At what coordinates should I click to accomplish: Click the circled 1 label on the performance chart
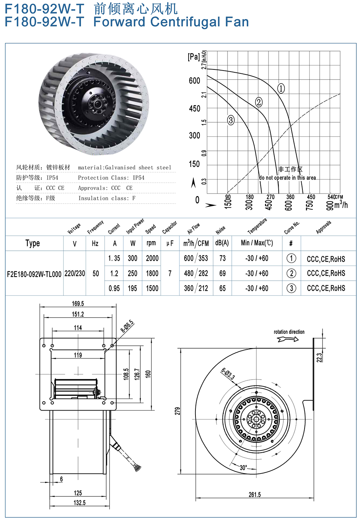pos(281,88)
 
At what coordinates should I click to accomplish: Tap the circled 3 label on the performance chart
pos(231,120)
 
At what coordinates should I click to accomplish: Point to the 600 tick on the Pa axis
pos(194,81)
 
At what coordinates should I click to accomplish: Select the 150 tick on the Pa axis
pos(194,164)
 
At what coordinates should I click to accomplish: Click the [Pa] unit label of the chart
pos(194,56)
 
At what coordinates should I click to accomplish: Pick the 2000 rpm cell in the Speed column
pos(152,258)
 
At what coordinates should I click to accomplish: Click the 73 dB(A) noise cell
pos(222,258)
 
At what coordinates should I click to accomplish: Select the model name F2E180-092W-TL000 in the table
pos(34,274)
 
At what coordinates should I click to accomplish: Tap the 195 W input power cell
pos(132,288)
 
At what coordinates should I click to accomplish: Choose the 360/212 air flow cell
pos(196,288)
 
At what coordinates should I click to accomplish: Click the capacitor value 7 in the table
pos(170,273)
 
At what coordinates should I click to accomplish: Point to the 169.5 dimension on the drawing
pos(78,304)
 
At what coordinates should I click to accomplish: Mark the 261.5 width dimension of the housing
pos(255,495)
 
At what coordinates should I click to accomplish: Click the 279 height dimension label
pos(177,411)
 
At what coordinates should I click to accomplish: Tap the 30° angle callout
pos(243,468)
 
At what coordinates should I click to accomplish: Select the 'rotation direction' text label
pos(289,332)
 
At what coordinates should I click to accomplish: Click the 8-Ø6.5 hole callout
pos(127,326)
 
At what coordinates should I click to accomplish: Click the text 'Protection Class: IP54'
pos(111,178)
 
